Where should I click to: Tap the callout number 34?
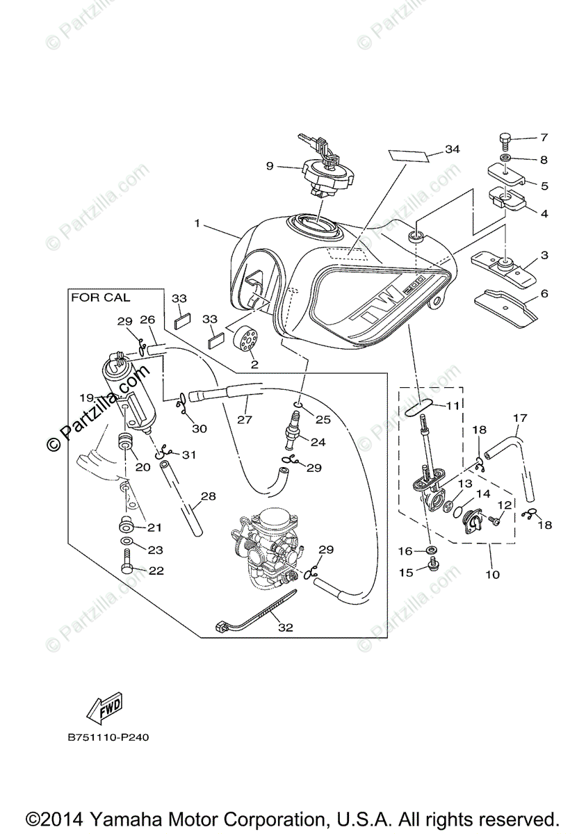coord(453,149)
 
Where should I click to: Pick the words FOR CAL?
coord(101,297)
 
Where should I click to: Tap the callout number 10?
coord(492,575)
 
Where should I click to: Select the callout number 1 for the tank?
coord(197,224)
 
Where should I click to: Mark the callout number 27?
coord(244,420)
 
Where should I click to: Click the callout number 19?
coord(86,398)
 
